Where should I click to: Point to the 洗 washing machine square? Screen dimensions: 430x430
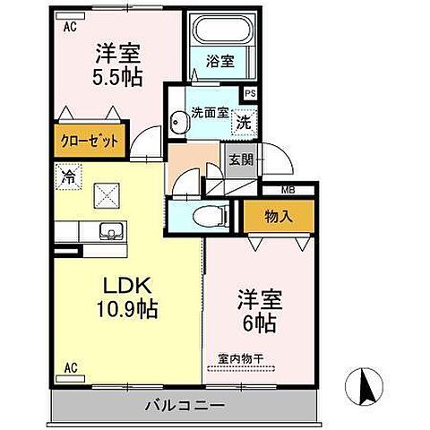pyautogui.click(x=243, y=121)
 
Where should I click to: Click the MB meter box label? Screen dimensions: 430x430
pyautogui.click(x=288, y=189)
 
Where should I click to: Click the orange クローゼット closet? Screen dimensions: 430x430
pyautogui.click(x=90, y=141)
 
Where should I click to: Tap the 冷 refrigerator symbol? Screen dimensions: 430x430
pyautogui.click(x=67, y=176)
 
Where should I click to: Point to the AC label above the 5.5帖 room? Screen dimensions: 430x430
pyautogui.click(x=69, y=26)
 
